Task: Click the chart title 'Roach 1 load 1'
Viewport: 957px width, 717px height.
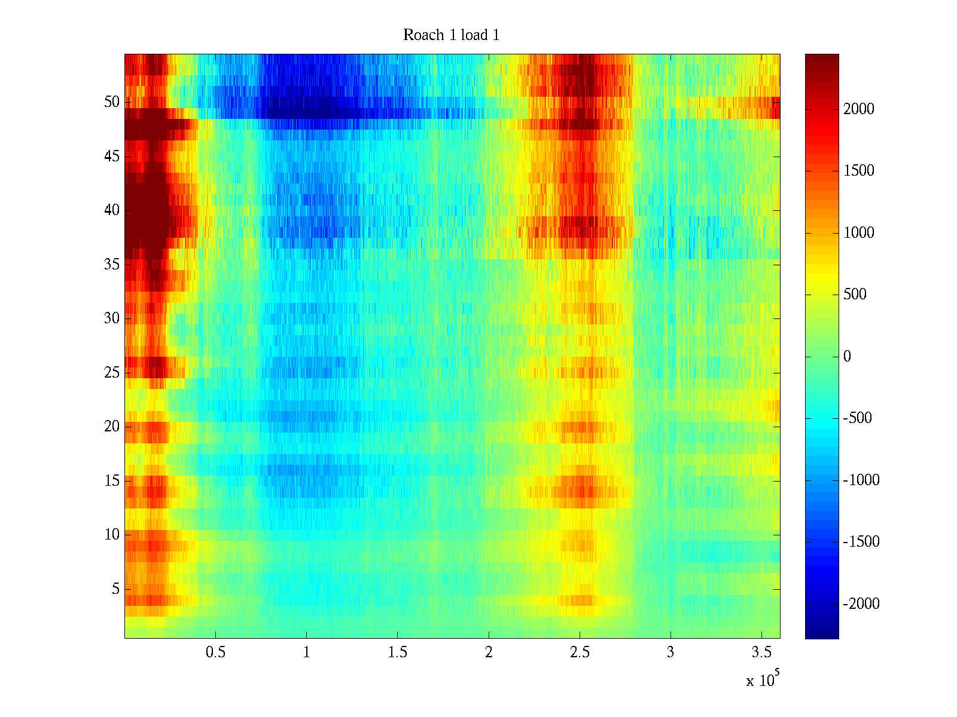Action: pos(451,35)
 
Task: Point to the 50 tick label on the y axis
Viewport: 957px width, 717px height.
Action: pos(112,102)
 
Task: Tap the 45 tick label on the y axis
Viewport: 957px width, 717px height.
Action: pos(112,157)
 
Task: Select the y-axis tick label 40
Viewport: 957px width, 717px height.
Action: pos(112,210)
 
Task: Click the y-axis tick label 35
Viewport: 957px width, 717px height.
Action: pos(112,265)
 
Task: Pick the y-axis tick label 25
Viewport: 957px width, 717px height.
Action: pos(112,373)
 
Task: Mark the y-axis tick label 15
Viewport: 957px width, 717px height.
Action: pos(112,481)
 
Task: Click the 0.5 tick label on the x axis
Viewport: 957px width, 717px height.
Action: pos(215,652)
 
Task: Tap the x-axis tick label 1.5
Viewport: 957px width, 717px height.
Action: pos(397,652)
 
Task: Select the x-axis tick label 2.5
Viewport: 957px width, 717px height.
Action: pos(579,652)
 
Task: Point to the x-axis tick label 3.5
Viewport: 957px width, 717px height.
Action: pos(761,652)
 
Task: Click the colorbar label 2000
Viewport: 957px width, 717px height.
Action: pos(859,109)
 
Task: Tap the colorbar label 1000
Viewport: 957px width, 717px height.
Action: pos(859,232)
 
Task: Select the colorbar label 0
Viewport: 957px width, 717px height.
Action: pos(847,357)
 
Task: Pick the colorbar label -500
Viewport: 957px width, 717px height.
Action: pos(858,418)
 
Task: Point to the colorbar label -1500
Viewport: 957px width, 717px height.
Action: pos(861,542)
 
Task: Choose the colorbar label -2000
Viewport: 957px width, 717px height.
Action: pos(861,604)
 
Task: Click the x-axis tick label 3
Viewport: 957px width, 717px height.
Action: pos(670,652)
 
